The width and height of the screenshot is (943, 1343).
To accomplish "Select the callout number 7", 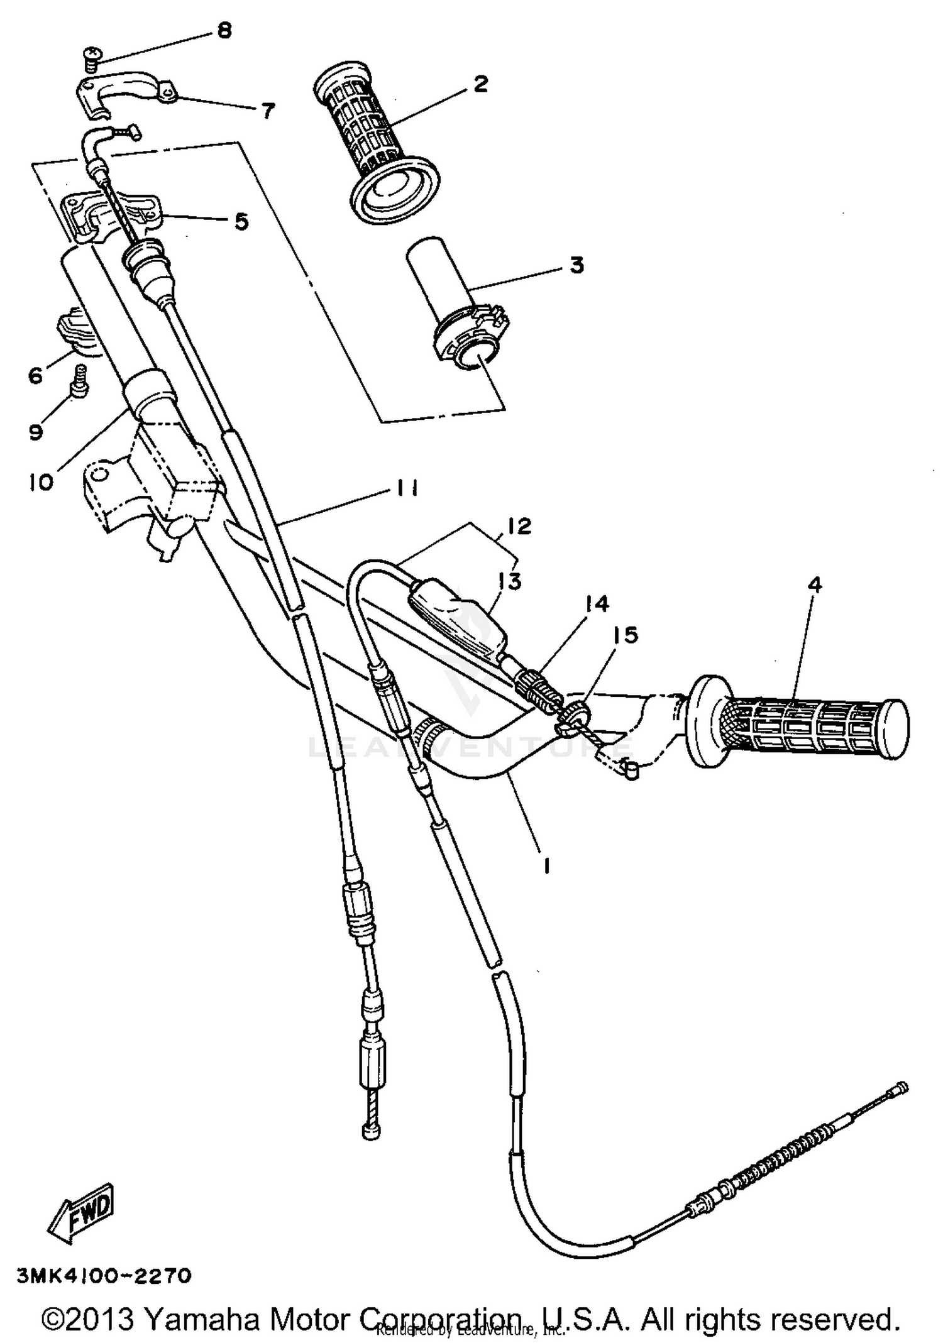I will pos(268,112).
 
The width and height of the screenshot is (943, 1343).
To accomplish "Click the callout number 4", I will pos(814,585).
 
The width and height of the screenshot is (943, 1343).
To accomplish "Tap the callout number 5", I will pos(241,221).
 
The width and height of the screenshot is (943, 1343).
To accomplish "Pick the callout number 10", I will pos(41,483).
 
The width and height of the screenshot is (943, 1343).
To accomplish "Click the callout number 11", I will pos(407,488).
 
